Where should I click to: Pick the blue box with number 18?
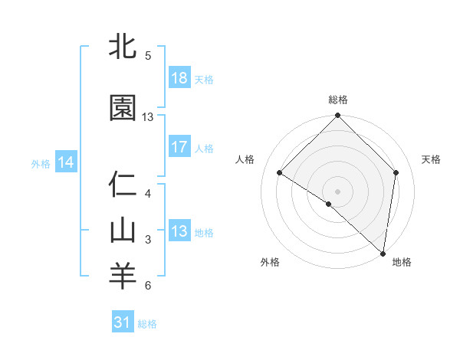(x=179, y=78)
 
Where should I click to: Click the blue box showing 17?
(x=179, y=147)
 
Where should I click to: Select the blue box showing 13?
(x=179, y=231)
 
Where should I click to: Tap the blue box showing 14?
(x=66, y=162)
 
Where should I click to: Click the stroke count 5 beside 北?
(x=148, y=56)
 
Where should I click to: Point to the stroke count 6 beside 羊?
(x=148, y=286)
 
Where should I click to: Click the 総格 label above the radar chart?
(x=338, y=100)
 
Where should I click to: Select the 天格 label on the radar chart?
(x=432, y=159)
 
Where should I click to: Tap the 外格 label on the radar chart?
(x=270, y=262)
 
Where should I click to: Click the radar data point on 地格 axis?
(x=383, y=253)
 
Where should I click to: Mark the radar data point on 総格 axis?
(x=338, y=116)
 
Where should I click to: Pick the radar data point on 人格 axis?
(x=280, y=173)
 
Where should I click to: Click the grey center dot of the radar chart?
(x=338, y=191)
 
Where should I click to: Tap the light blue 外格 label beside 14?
(x=41, y=163)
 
